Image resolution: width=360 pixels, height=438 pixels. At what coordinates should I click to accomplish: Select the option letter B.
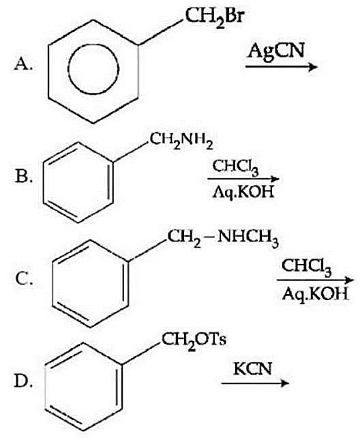point(24,176)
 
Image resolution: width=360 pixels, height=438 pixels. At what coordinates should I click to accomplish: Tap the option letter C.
point(24,278)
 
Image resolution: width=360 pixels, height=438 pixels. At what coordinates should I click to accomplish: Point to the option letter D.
point(24,381)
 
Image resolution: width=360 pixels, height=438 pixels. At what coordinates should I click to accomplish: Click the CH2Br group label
point(213,17)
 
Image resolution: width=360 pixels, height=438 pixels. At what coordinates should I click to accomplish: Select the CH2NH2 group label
point(181,141)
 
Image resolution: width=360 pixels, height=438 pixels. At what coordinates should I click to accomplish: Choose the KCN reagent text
point(252,368)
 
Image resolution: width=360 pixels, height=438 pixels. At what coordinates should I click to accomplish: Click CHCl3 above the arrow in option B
point(236,167)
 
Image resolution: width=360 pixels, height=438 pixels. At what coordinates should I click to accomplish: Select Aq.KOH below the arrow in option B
point(243,192)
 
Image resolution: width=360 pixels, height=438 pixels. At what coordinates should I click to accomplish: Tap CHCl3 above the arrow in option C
point(307,267)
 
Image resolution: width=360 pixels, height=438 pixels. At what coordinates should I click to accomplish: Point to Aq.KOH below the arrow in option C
point(315,293)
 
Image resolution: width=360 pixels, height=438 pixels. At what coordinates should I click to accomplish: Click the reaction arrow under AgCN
point(282,67)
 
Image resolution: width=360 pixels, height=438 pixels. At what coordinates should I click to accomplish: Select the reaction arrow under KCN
point(255,383)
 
